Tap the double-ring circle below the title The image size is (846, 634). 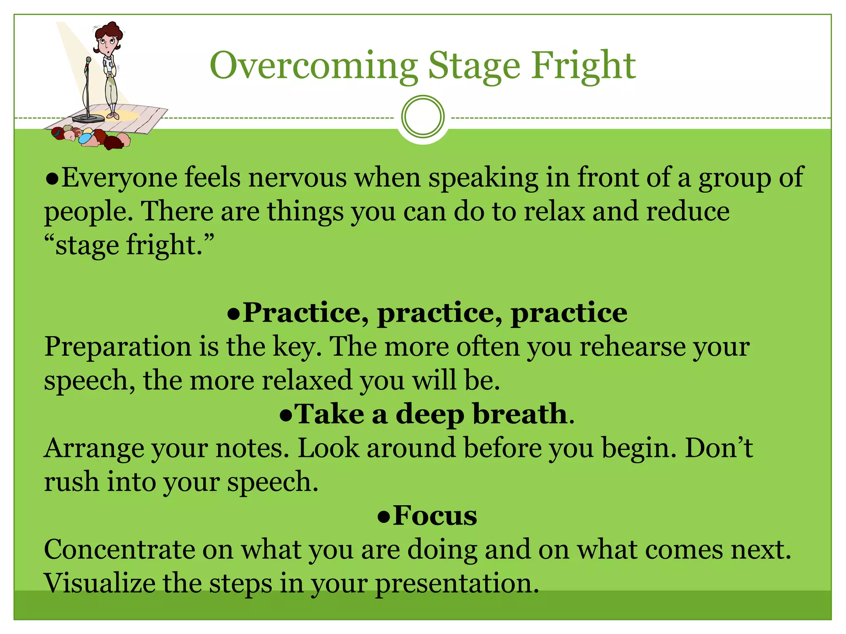tap(423, 116)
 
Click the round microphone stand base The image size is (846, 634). tap(88, 119)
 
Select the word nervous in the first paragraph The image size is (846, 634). tap(297, 177)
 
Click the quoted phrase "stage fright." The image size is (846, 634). tap(130, 245)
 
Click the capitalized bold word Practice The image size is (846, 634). tap(302, 312)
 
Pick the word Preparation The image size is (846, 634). tap(118, 347)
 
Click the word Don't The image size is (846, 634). tap(719, 448)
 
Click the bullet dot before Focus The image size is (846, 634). tap(384, 517)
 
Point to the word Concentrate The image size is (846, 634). tap(119, 549)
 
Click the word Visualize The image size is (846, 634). tap(99, 583)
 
